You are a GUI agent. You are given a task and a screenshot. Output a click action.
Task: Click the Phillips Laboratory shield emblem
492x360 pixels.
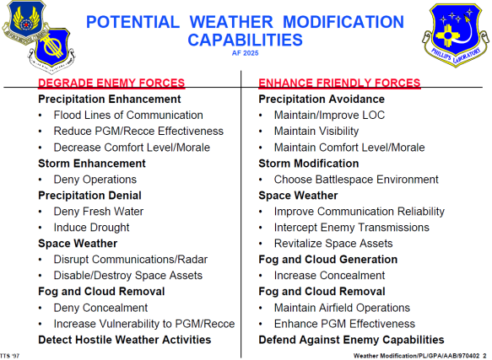455,34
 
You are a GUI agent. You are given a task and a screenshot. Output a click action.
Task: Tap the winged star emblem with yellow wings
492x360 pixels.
25,21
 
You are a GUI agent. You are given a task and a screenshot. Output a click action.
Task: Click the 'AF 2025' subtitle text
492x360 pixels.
245,53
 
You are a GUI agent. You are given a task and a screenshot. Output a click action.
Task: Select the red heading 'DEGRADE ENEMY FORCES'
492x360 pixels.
111,83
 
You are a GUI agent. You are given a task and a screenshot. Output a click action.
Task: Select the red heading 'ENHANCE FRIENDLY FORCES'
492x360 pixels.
339,83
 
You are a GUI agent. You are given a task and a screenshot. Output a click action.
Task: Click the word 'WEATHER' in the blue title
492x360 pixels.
231,22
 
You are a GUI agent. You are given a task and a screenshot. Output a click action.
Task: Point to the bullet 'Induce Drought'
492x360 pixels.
91,228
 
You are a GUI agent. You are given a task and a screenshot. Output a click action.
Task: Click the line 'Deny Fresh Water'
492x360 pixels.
98,212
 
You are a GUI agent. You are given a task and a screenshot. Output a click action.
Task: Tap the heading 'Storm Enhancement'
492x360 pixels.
92,164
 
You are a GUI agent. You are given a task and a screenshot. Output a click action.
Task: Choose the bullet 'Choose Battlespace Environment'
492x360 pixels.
356,180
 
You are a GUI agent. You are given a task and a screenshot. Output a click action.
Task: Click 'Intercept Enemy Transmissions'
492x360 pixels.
351,228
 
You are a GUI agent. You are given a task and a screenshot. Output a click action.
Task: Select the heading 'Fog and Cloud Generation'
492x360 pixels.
328,260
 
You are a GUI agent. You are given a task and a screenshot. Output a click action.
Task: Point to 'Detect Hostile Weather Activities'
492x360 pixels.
125,340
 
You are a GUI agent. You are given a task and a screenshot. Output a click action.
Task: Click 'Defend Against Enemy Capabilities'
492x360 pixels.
351,340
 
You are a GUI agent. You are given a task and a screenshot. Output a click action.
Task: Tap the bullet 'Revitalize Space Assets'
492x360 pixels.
333,244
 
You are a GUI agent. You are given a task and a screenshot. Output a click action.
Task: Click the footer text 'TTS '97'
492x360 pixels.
10,356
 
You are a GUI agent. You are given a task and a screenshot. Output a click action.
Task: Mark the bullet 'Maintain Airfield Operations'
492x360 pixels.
342,308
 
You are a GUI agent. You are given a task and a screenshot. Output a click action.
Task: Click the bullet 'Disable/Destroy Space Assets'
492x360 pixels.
128,276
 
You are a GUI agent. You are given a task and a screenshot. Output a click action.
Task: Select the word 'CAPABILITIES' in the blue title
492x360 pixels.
245,40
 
